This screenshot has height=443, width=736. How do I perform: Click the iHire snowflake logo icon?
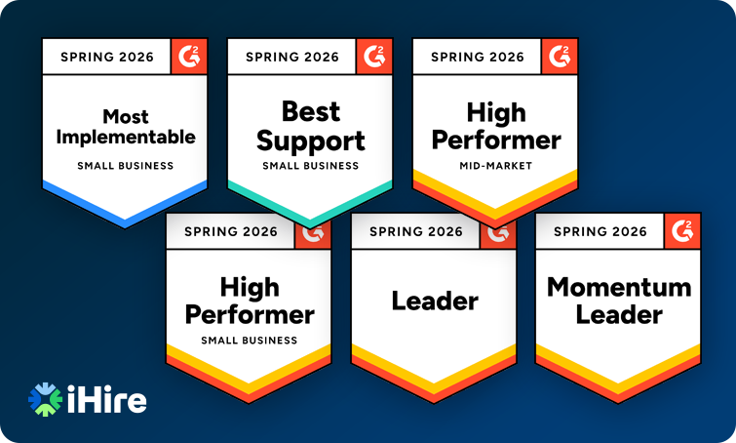point(45,399)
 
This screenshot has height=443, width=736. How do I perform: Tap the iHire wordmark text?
point(106,400)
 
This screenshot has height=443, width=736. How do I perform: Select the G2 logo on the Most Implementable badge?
point(190,56)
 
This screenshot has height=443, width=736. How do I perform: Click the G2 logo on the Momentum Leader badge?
point(683,231)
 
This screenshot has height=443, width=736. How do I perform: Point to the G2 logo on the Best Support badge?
point(375,56)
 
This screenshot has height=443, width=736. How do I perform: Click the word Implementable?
point(125,137)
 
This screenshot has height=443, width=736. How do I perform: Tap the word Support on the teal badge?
point(310,140)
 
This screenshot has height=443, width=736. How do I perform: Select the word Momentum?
point(619,287)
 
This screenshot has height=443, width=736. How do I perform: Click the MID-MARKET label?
point(495,166)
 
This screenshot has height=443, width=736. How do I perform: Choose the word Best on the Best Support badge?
point(310,110)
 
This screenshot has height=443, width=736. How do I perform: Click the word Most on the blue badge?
point(125,116)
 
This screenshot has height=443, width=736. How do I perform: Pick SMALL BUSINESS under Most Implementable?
point(125,166)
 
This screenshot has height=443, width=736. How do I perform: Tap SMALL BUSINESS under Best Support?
point(310,166)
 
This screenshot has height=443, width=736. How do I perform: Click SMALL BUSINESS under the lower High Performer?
point(249,341)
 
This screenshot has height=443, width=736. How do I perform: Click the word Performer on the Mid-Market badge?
point(495,140)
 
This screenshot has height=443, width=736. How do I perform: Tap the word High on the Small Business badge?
point(249,287)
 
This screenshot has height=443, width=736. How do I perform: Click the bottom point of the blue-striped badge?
point(125,225)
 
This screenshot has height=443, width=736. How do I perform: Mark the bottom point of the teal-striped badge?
point(310,225)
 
